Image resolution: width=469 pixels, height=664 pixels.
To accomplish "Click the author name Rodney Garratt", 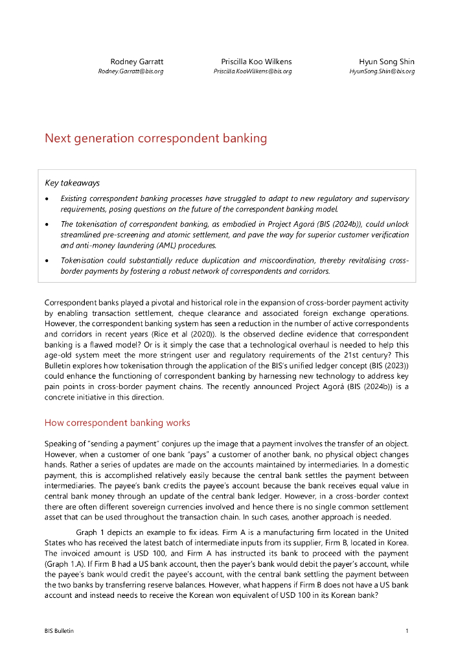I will coord(137,62).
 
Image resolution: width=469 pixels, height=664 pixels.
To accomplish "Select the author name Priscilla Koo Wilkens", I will coord(256,62).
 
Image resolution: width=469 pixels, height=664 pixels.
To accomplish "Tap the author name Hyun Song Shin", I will coord(387,62).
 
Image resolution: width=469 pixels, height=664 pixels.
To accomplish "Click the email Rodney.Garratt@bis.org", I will coord(130,71).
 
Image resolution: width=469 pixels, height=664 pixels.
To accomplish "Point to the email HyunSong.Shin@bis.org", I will coord(382,71).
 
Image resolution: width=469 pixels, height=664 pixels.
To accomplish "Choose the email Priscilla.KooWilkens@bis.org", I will coord(253,71).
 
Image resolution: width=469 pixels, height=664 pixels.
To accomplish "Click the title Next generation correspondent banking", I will coord(155,138).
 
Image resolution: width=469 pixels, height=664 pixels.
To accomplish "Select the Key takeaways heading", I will coord(72,184).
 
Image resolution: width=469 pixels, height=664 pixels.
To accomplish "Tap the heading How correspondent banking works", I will coord(117,423).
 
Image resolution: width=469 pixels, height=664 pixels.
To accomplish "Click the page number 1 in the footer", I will coord(407,631).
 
